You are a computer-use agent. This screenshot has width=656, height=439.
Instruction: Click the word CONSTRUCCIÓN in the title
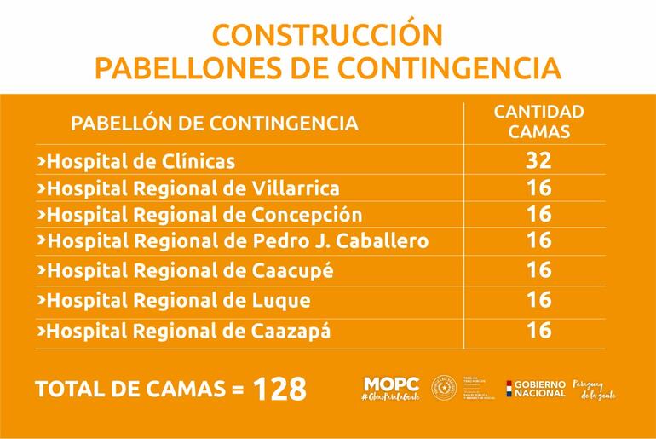[x=327, y=35]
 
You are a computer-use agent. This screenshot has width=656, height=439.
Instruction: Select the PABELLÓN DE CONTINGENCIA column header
[x=214, y=123]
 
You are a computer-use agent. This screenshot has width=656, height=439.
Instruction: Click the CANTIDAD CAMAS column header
[x=539, y=122]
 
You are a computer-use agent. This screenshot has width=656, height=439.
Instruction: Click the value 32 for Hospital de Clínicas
[x=539, y=160]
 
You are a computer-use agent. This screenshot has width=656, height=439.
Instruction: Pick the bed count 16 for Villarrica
[x=539, y=188]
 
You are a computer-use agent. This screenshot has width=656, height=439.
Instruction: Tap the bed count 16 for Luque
[x=539, y=300]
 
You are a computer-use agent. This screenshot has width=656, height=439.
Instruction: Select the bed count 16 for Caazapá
[x=539, y=330]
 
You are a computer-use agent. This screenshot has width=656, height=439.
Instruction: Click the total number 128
[x=279, y=389]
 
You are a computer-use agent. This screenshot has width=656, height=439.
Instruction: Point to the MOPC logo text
[x=391, y=385]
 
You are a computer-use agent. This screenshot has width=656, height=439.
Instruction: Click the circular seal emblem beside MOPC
[x=445, y=387]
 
